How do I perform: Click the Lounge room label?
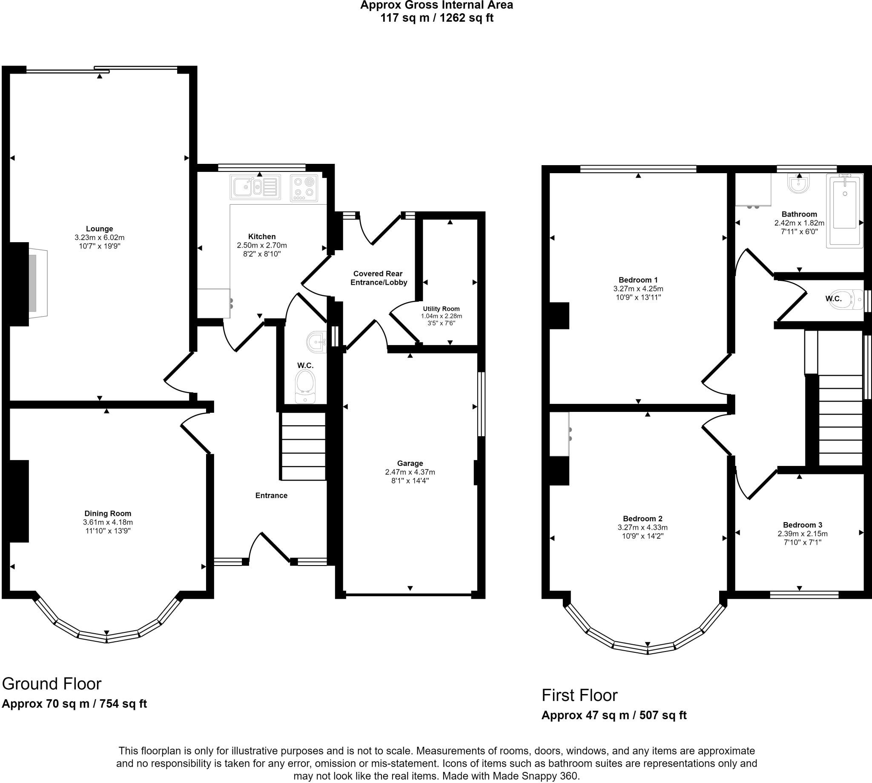(100, 229)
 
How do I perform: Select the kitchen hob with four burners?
(304, 188)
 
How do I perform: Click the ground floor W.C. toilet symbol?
(305, 386)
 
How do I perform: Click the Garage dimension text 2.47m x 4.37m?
(410, 472)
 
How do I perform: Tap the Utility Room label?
(441, 309)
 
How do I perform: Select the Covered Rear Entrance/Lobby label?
(379, 278)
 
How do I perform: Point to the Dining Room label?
(108, 513)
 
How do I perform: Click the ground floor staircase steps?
(303, 446)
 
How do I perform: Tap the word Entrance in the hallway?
(271, 495)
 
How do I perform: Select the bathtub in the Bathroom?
(844, 211)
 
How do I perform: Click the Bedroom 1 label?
(638, 280)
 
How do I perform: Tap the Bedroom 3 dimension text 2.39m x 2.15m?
(802, 534)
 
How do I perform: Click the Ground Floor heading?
(52, 683)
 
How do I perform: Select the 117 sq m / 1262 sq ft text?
(436, 18)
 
